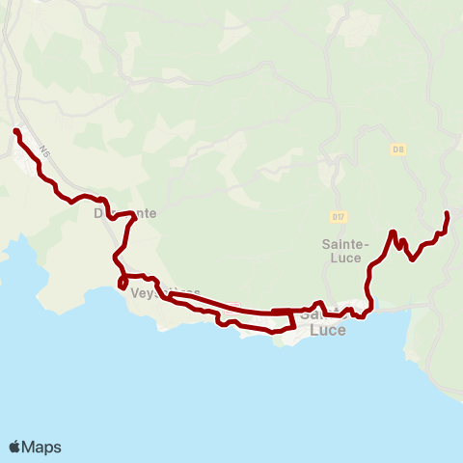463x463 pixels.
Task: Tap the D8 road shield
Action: point(396,149)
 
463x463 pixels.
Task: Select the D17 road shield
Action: point(338,217)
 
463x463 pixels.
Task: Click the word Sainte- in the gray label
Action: point(341,245)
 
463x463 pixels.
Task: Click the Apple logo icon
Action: point(15,447)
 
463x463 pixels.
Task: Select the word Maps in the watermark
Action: point(43,447)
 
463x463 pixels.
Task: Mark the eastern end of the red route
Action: point(447,213)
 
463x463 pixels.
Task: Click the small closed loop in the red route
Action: point(122,283)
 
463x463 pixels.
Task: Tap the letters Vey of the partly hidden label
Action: point(141,293)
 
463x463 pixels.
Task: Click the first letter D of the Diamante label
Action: point(99,213)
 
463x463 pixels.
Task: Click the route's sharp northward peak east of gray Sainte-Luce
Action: point(393,232)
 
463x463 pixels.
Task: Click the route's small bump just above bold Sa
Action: point(318,303)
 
